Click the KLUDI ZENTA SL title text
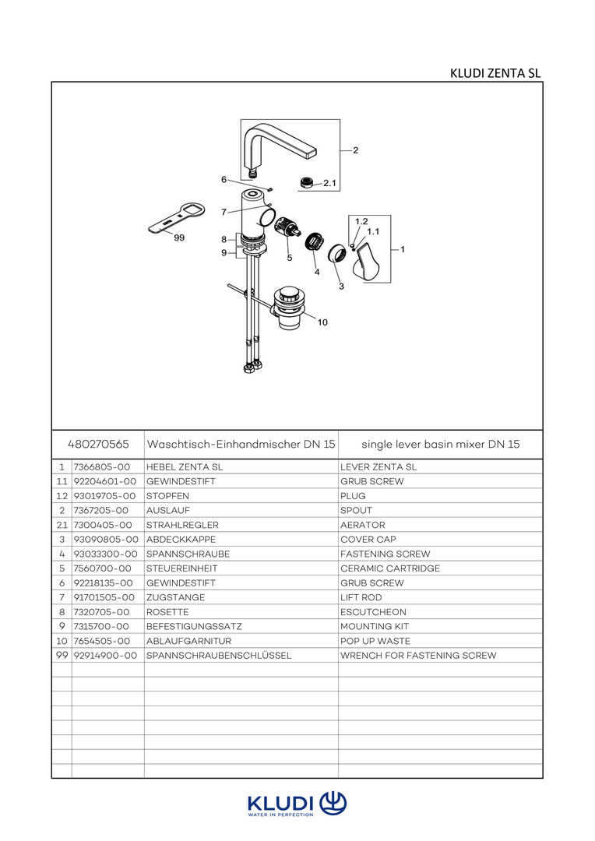(495, 74)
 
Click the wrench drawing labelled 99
(175, 218)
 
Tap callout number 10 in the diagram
(322, 322)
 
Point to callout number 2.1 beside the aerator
(329, 184)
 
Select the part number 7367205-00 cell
(102, 510)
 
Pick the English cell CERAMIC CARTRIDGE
(389, 568)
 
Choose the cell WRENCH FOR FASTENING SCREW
(417, 656)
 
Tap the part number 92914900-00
(105, 656)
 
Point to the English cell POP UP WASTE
(375, 641)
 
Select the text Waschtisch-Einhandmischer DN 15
(241, 444)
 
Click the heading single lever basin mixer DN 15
(440, 444)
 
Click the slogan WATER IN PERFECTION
(280, 815)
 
